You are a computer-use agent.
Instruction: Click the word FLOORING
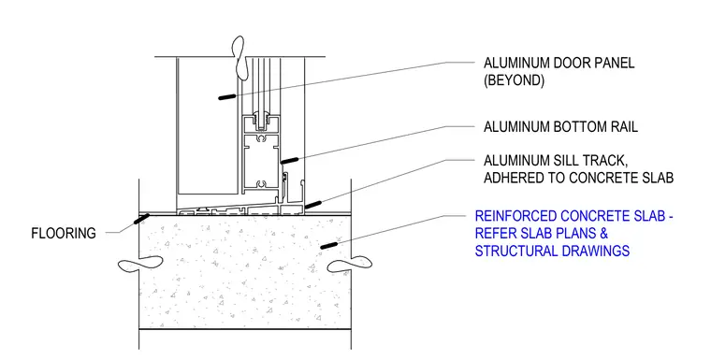click(x=64, y=233)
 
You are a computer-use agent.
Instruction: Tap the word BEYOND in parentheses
click(x=514, y=80)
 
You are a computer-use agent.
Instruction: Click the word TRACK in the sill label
click(x=602, y=161)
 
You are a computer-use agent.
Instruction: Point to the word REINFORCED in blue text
click(x=515, y=216)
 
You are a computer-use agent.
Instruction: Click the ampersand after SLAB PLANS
click(x=603, y=233)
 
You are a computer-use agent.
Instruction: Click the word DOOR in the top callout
click(x=573, y=63)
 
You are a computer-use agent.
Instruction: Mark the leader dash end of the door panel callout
click(x=226, y=96)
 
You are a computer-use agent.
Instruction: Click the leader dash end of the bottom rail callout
click(x=289, y=161)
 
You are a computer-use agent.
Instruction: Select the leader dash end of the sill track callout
click(x=313, y=205)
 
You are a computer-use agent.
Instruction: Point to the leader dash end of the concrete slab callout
click(x=328, y=245)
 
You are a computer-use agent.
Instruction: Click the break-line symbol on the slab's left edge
click(x=140, y=264)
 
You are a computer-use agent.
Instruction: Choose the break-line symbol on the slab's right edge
click(x=349, y=265)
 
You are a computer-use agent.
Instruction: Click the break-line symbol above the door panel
click(x=238, y=56)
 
